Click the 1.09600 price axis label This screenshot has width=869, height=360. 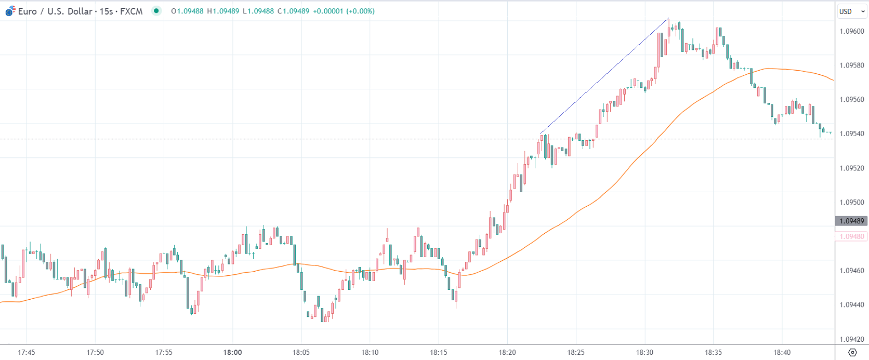point(851,31)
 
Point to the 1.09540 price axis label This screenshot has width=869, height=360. point(851,134)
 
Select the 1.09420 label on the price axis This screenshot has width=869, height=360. point(851,339)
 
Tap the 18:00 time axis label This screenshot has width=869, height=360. point(232,352)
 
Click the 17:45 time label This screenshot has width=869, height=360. point(27,352)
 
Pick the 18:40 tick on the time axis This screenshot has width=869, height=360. point(782,352)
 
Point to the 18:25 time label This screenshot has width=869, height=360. point(576,352)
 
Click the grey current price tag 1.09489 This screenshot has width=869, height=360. point(851,221)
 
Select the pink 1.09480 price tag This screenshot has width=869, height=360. point(851,236)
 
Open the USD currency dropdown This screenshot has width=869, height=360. point(851,11)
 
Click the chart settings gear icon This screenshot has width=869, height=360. point(852,352)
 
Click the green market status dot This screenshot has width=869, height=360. point(156,11)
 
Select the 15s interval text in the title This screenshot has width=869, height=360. point(106,11)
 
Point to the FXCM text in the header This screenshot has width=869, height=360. point(131,11)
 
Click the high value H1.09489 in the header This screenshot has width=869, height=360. point(223,11)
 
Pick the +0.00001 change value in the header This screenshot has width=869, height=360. point(327,11)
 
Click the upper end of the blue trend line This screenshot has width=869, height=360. point(669,18)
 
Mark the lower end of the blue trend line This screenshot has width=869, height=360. point(541,134)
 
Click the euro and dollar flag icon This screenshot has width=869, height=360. point(10,11)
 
